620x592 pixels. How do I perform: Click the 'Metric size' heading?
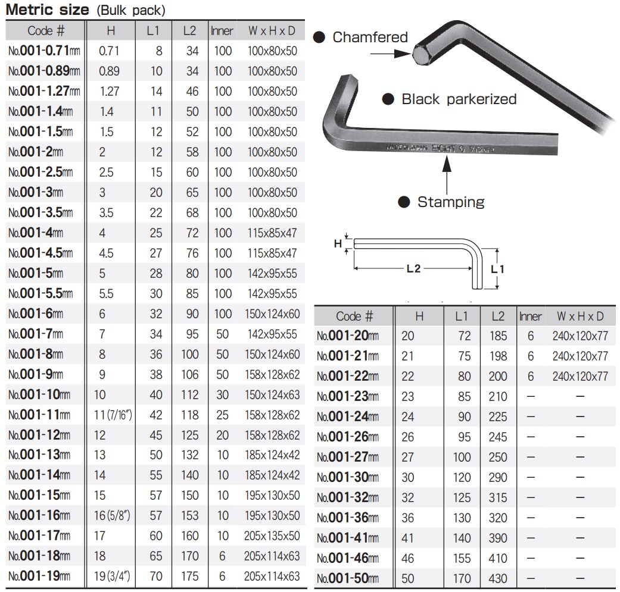coord(47,10)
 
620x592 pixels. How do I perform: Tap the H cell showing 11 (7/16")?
coord(113,415)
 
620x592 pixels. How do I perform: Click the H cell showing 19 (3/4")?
coord(113,577)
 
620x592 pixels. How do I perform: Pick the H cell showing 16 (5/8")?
coord(113,516)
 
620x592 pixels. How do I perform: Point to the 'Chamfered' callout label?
coord(370,37)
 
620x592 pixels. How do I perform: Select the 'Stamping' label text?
coord(450,202)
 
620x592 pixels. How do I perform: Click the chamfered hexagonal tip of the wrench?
coord(421,55)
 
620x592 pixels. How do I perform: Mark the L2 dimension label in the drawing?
coord(413,269)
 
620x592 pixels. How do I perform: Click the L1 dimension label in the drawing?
coord(497,269)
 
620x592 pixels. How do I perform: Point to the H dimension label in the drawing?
coord(338,243)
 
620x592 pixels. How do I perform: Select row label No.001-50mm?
coord(348,578)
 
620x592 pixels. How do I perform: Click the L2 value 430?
coord(498,578)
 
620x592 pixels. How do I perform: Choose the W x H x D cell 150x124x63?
coord(272,395)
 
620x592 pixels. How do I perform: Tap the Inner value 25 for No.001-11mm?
coord(223,415)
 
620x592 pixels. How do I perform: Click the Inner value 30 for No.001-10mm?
coord(223,395)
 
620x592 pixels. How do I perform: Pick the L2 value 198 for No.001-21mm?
coord(498,356)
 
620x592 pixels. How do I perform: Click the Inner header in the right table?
coord(530,316)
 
